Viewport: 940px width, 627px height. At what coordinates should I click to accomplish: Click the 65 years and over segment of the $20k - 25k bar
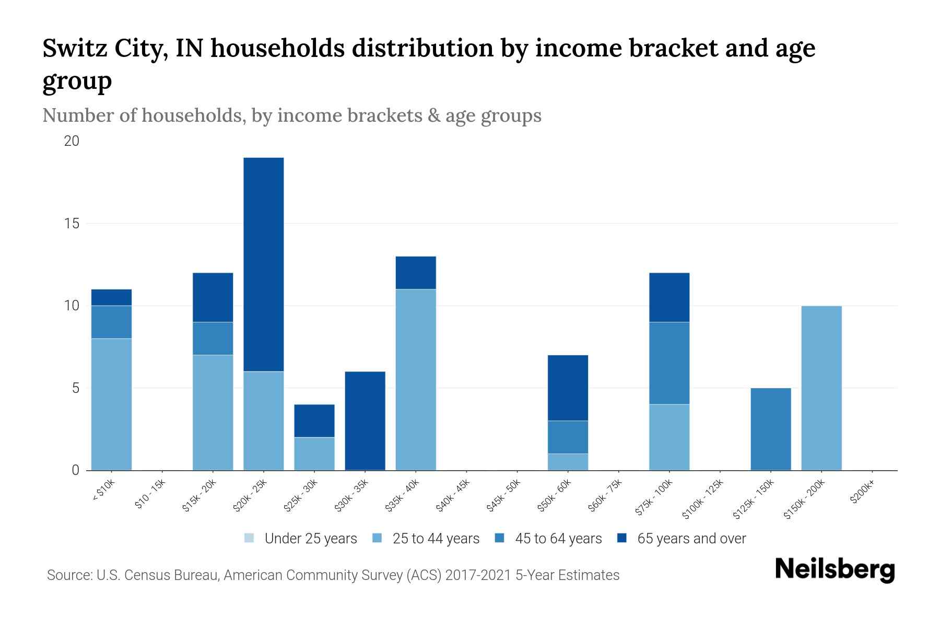pyautogui.click(x=264, y=264)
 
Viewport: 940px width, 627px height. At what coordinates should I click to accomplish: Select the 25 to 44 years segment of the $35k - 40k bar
pyautogui.click(x=416, y=379)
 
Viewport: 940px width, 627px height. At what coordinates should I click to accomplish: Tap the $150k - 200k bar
pyautogui.click(x=821, y=388)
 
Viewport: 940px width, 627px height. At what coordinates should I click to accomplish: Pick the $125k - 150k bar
pyautogui.click(x=771, y=429)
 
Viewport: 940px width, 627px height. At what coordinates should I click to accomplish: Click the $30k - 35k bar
pyautogui.click(x=365, y=421)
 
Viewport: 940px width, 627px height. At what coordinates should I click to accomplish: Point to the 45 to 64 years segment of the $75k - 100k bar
pyautogui.click(x=669, y=363)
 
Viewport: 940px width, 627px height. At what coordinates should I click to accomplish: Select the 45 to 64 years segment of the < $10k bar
pyautogui.click(x=111, y=322)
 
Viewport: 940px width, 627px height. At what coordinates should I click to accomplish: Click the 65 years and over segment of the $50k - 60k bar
pyautogui.click(x=568, y=388)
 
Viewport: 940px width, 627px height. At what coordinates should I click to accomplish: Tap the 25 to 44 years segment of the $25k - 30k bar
pyautogui.click(x=314, y=454)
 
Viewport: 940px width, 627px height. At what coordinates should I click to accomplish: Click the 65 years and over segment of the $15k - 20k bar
pyautogui.click(x=213, y=297)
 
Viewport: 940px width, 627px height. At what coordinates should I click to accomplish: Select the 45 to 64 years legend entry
pyautogui.click(x=548, y=539)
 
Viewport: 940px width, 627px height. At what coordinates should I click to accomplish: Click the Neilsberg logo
pyautogui.click(x=835, y=570)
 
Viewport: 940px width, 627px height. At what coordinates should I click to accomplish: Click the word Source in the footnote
pyautogui.click(x=68, y=575)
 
